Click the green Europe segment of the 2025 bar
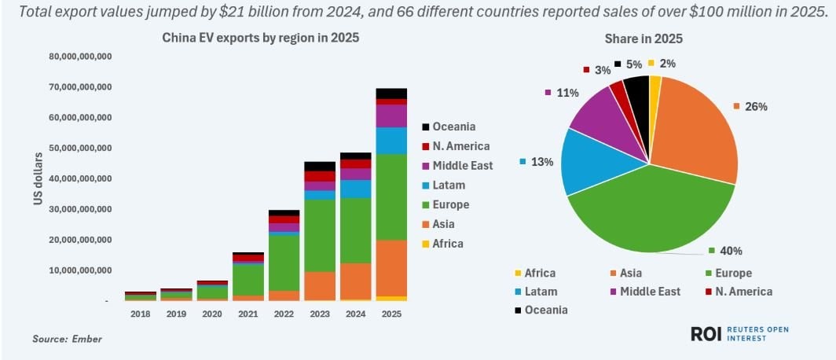391,197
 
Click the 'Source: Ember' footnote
68,339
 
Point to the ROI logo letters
706,334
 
